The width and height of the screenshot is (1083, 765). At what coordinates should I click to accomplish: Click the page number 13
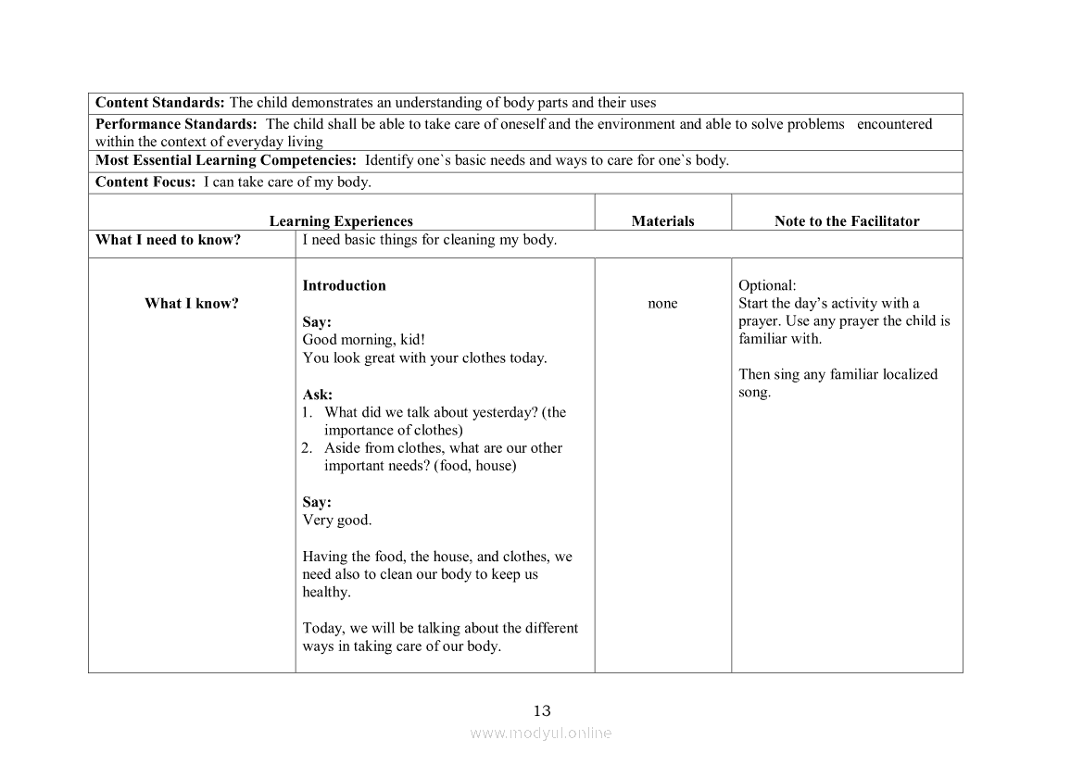(542, 711)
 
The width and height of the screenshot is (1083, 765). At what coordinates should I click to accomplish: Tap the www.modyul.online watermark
(541, 733)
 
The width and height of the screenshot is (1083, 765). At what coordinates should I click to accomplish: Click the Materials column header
(662, 221)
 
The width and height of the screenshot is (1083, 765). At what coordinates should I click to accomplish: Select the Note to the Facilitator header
(847, 221)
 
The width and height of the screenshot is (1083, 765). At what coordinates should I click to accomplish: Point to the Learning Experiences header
(341, 221)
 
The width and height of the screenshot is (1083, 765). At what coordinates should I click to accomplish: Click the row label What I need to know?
(168, 240)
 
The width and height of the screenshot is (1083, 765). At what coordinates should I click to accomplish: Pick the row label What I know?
(191, 304)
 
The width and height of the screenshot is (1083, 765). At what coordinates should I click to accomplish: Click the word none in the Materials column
(662, 304)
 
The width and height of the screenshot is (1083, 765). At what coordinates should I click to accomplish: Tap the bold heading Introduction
(344, 285)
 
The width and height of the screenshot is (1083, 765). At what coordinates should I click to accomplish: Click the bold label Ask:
(317, 395)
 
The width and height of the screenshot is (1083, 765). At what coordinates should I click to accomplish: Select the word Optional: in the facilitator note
(767, 285)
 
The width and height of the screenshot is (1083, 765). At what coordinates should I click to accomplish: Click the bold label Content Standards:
(160, 103)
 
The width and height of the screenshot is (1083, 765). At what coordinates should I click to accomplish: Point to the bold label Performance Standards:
(176, 124)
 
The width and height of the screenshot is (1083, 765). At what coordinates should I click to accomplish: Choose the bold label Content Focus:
(145, 182)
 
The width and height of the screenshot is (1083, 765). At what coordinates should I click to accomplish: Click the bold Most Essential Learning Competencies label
(226, 160)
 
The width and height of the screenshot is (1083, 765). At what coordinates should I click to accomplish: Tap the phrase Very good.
(337, 520)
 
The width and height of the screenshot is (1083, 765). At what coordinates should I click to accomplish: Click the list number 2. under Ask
(309, 448)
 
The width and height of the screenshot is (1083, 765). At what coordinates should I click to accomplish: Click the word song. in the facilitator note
(754, 393)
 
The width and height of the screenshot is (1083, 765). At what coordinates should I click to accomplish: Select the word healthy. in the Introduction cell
(326, 593)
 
